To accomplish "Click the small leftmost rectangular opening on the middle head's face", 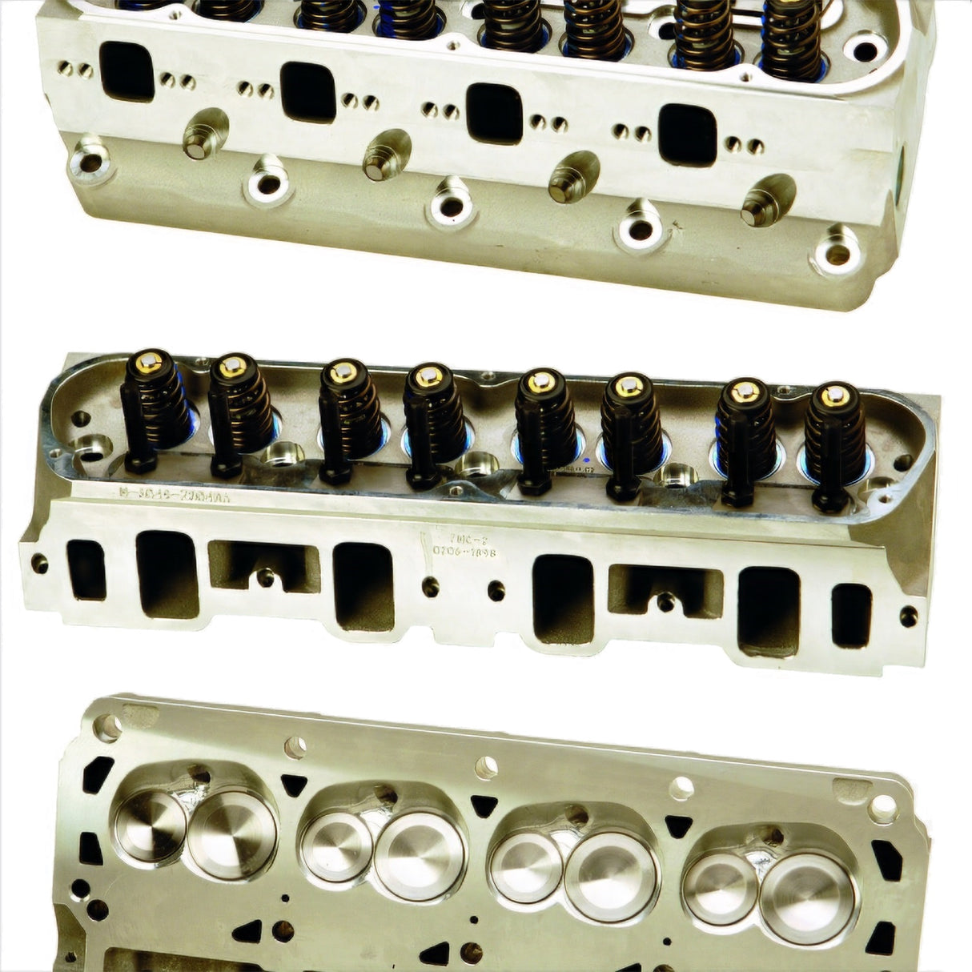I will pyautogui.click(x=86, y=570).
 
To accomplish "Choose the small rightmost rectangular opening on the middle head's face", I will pyautogui.click(x=851, y=616).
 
